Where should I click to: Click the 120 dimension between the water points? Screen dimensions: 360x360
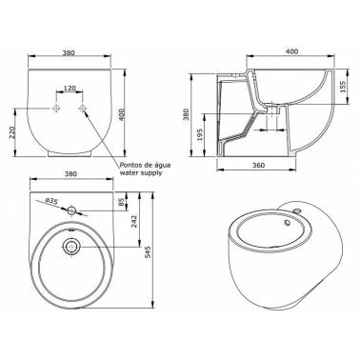coord(70,88)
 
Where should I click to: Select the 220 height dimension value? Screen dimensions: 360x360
coord(12,131)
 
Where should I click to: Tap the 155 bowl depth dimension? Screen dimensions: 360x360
coord(343,87)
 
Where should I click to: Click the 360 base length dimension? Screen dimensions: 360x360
coord(258,165)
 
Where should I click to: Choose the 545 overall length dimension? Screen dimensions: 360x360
coord(148,252)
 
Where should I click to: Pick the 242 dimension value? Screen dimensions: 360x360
coord(133,221)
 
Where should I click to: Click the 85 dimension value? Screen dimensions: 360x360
coord(121,202)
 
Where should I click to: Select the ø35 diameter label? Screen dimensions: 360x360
coord(51,201)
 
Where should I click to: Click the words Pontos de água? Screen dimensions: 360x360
coord(145,165)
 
